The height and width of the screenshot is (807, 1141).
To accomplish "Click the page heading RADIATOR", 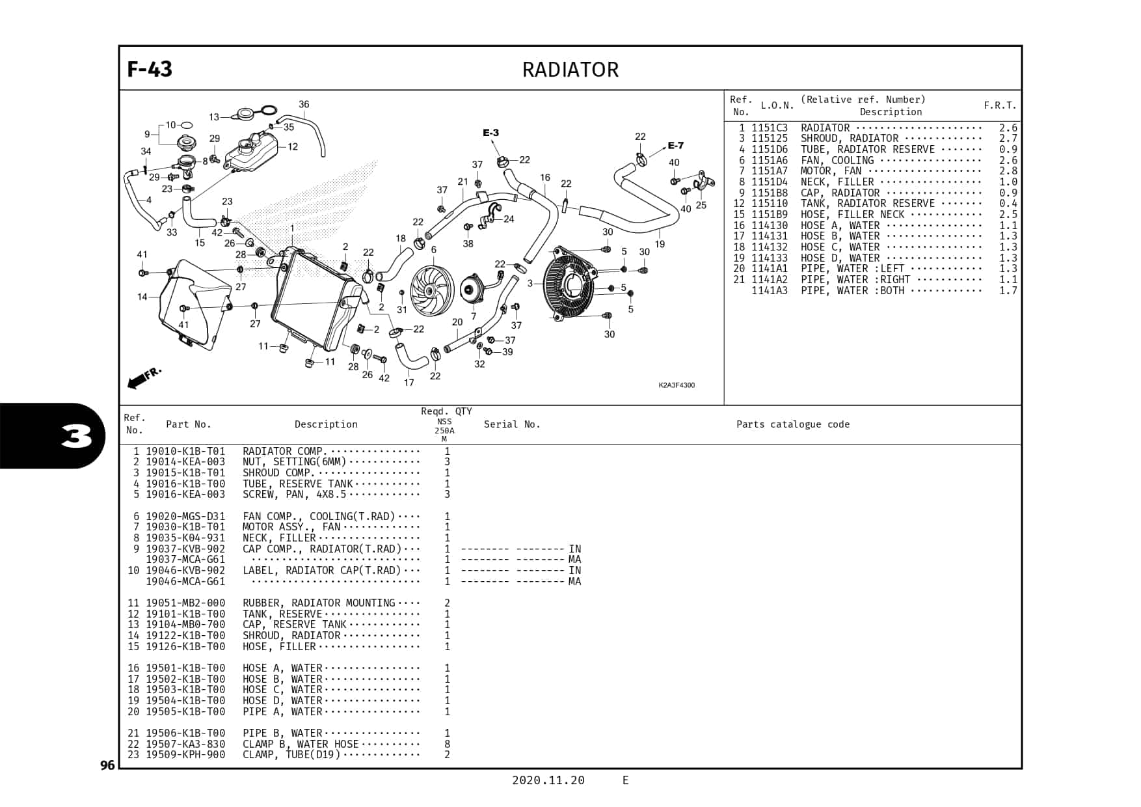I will click(x=570, y=70).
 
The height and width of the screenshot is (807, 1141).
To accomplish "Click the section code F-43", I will click(x=150, y=69).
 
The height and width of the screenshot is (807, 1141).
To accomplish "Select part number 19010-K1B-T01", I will click(x=185, y=451).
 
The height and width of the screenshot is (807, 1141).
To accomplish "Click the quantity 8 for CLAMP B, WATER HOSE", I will click(x=447, y=744).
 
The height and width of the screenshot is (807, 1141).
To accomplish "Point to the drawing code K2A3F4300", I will click(x=677, y=385).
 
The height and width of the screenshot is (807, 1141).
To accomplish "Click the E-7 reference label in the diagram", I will click(x=675, y=146).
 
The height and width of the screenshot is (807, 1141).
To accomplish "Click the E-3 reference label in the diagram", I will click(x=490, y=133).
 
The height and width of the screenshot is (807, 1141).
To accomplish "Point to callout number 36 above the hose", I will click(x=304, y=104).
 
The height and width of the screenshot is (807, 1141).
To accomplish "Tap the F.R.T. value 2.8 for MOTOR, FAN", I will click(x=1008, y=171).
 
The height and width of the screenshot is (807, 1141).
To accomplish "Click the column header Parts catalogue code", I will click(x=792, y=424).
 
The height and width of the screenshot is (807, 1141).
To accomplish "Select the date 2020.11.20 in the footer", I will click(x=548, y=780).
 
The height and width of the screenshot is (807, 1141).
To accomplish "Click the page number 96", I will click(x=107, y=765).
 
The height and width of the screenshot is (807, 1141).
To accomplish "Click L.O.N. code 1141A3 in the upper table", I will click(x=769, y=291).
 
